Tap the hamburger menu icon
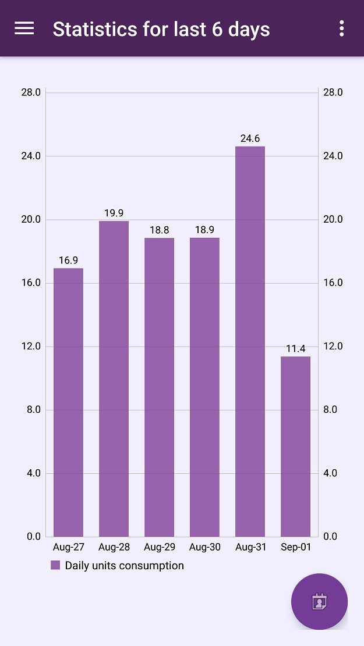24,28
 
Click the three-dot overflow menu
341,28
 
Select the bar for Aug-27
68,402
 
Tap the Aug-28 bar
114,378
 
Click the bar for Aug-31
250,341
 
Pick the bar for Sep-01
295,446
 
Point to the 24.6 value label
250,138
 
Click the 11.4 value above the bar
295,349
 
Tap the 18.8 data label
159,230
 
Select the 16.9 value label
68,260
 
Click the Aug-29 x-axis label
159,547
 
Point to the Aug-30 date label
204,547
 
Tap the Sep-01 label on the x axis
295,547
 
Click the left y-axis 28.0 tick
30,92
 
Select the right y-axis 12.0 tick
333,347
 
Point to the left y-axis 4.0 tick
34,473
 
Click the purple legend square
55,565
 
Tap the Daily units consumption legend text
124,566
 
